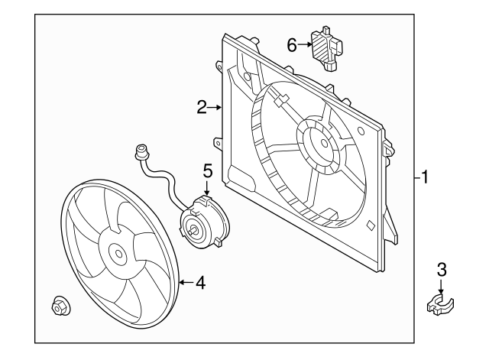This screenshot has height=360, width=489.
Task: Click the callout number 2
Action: point(202,108)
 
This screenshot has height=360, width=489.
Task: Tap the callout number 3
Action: point(441,269)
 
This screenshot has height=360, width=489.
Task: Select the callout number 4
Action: point(200,284)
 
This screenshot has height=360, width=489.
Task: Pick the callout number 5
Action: point(207,170)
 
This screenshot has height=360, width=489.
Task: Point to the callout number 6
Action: point(291,45)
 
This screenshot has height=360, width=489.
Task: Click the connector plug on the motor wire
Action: point(139,151)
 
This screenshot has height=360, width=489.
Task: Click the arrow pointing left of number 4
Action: point(184,284)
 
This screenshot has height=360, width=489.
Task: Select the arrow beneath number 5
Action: point(207,190)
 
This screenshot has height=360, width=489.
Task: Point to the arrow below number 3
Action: point(441,286)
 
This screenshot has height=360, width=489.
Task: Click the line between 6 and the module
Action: point(303,45)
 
